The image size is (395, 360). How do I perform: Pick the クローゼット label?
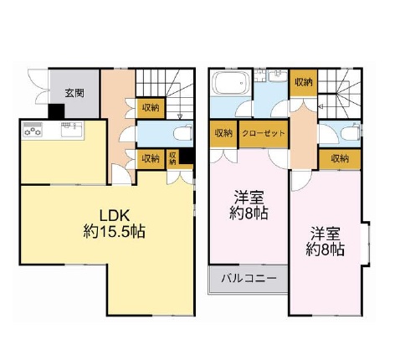point(263,134)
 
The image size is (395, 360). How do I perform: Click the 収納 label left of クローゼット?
point(223,134)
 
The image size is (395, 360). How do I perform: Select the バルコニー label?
point(244,277)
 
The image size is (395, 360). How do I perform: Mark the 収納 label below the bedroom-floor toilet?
point(339,158)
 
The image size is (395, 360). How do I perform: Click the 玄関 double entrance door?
point(38,88)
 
